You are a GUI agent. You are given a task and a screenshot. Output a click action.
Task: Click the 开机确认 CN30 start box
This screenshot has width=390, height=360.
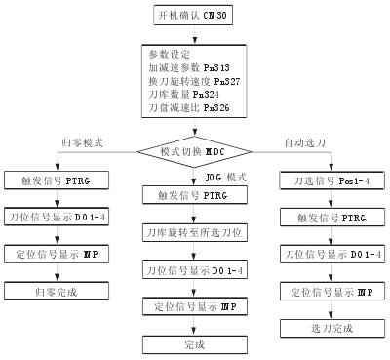point(194,16)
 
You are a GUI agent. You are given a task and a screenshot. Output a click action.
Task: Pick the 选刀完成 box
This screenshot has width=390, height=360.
point(330,327)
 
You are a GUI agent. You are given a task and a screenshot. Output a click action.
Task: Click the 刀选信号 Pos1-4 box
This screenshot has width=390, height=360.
point(330,182)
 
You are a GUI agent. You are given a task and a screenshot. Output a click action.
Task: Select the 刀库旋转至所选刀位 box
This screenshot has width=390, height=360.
point(194,232)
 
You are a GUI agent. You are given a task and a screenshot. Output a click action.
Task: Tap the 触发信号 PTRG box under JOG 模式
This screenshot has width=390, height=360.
point(194,195)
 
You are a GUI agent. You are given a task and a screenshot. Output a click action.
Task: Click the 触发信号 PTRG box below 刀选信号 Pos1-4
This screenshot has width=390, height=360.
point(330,219)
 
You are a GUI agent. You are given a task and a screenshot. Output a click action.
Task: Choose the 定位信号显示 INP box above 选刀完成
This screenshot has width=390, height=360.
point(330,291)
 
